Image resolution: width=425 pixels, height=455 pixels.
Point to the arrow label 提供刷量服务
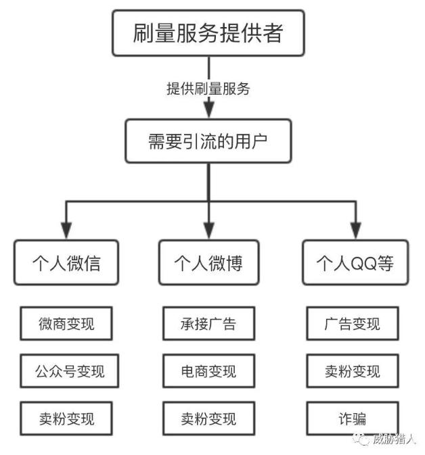[208, 89]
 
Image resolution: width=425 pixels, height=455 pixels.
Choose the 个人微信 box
[66, 262]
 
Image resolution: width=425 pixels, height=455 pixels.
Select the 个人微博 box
[208, 262]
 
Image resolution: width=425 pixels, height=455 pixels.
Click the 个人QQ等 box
[355, 262]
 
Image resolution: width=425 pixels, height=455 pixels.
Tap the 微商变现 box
[66, 324]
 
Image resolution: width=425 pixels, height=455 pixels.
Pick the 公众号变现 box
[66, 371]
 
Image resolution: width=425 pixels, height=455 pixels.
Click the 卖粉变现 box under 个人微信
[66, 418]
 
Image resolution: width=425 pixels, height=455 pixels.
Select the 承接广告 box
[208, 324]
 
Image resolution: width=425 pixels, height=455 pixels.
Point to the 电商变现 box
[208, 371]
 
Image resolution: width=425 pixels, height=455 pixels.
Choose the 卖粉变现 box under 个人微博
[208, 418]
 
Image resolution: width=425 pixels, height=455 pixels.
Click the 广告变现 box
[353, 324]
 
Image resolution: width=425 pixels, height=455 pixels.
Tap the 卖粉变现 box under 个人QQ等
[353, 371]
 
